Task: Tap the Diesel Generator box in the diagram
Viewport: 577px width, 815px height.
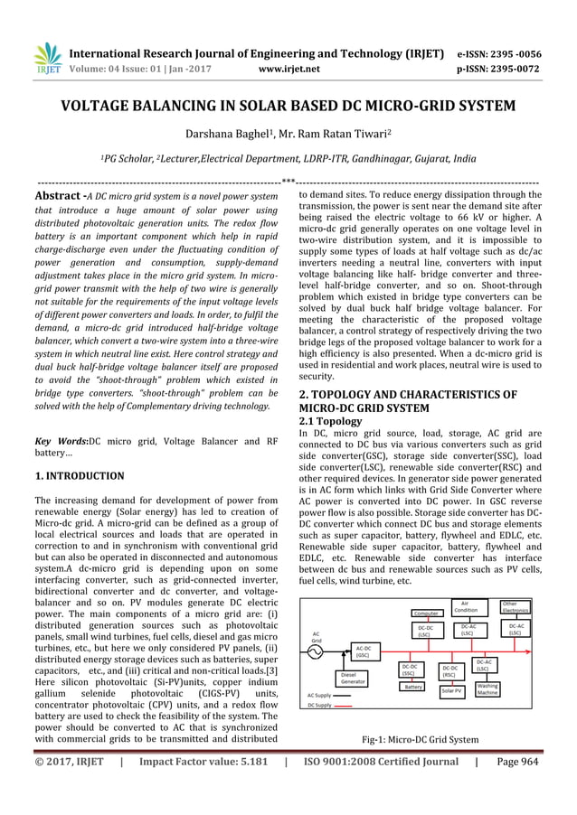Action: coord(353,679)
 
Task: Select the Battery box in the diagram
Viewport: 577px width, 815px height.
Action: coord(413,687)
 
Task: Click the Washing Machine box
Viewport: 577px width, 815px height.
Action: coord(487,689)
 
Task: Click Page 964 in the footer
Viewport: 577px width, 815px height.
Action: coord(518,786)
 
